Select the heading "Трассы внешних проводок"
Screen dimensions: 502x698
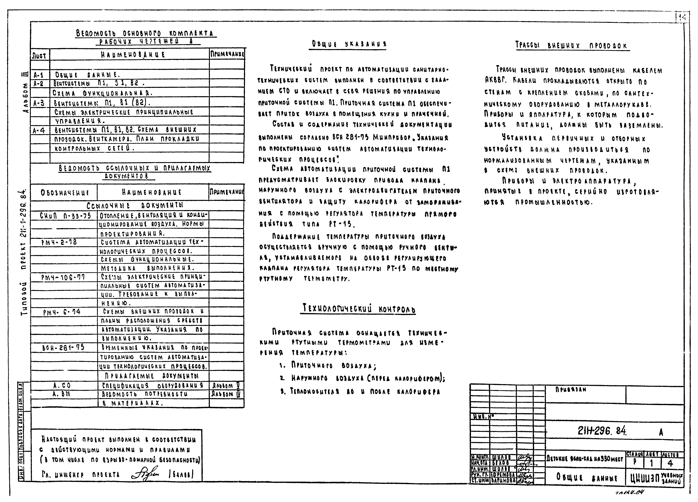[572, 46]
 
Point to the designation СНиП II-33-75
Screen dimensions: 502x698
[65, 216]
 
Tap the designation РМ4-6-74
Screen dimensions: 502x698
[62, 312]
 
